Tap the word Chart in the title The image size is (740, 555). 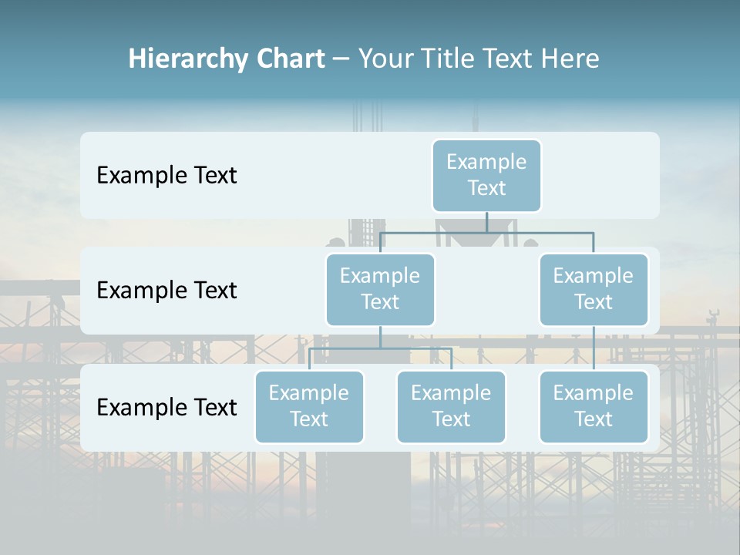[x=291, y=59]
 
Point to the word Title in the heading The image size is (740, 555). [x=458, y=59]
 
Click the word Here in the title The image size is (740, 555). [x=570, y=59]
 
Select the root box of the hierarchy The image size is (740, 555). [x=486, y=175]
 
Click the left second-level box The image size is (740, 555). [x=380, y=289]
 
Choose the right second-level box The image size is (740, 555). [x=594, y=289]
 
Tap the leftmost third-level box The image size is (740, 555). [x=309, y=406]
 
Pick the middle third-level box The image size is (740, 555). [x=451, y=406]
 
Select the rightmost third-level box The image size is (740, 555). [x=594, y=406]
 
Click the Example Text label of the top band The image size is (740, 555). [x=166, y=176]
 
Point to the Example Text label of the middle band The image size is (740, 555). [x=166, y=291]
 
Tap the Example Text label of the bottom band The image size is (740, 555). [x=166, y=408]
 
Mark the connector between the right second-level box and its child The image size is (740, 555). [x=594, y=348]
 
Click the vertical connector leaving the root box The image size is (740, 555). [x=486, y=222]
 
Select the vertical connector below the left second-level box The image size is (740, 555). [x=380, y=337]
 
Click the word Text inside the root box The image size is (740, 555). [x=486, y=188]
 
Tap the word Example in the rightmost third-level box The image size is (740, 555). [x=594, y=393]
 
